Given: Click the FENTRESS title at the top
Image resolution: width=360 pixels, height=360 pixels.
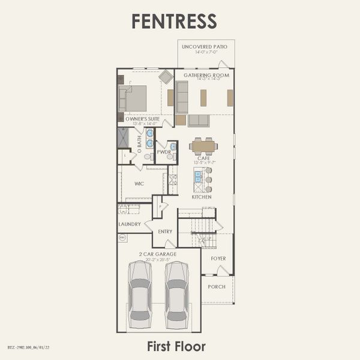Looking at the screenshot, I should pyautogui.click(x=174, y=21).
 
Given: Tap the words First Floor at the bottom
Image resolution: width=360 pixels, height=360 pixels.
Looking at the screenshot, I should pyautogui.click(x=176, y=346).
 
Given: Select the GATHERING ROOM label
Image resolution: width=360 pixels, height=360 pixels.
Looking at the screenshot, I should pyautogui.click(x=205, y=76).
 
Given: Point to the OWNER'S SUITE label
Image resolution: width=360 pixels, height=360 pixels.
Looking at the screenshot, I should pyautogui.click(x=143, y=119).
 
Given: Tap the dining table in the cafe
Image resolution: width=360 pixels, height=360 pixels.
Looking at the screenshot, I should pyautogui.click(x=203, y=146).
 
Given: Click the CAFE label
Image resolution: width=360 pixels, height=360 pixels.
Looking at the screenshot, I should pyautogui.click(x=203, y=158).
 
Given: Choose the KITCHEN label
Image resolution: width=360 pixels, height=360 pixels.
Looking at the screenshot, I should pyautogui.click(x=202, y=197).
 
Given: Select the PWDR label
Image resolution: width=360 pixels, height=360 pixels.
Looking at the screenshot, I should pyautogui.click(x=164, y=152).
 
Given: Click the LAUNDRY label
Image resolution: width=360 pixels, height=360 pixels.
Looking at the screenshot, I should pyautogui.click(x=130, y=224).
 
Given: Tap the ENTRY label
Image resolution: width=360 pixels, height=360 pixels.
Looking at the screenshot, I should pyautogui.click(x=165, y=232).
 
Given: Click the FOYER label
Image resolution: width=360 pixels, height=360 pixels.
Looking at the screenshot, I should pyautogui.click(x=218, y=259).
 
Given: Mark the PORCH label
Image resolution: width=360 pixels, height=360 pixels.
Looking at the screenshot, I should pyautogui.click(x=217, y=287).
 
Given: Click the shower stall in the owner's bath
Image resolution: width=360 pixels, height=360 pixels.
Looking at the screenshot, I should pyautogui.click(x=123, y=137).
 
